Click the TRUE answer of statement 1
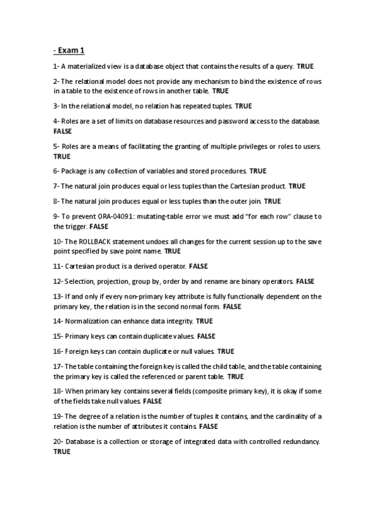coord(305,66)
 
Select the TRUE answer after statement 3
coord(244,106)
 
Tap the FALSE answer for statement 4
coord(63,131)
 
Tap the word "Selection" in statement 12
coord(80,282)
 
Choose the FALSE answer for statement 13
coord(232,307)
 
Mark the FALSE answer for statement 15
coord(206,336)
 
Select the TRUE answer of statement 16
coord(226,352)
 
